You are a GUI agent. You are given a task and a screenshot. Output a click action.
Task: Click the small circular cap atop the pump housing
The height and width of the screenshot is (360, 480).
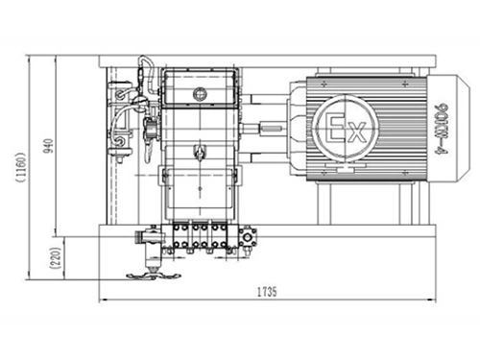click(x=200, y=93)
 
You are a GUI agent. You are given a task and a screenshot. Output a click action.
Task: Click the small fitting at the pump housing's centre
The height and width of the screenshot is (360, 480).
click(x=200, y=151)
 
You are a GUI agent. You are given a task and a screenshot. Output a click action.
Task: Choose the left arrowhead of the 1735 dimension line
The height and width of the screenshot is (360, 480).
click(x=100, y=300)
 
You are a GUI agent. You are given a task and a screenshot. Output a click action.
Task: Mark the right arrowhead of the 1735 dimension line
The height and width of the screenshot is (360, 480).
click(x=423, y=300)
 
